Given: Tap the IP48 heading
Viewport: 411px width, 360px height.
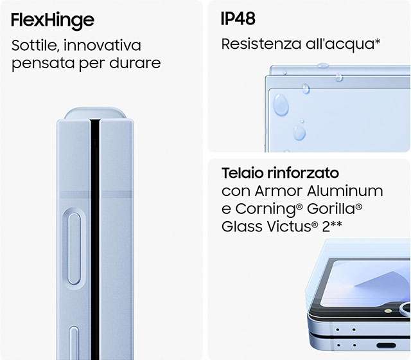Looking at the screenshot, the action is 238,19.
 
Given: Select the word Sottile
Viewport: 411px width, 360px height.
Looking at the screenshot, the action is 33,45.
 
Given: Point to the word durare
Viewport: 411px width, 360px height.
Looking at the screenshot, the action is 135,63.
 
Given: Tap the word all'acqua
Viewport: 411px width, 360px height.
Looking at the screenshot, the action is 343,44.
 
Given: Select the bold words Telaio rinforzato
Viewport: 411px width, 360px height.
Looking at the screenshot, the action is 280,173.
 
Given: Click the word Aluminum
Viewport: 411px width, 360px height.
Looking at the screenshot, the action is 345,191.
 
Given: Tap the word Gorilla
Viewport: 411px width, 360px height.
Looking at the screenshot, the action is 335,208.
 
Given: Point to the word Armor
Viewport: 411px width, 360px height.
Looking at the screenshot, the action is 279,191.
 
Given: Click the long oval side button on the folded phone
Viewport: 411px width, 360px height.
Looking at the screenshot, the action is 74,248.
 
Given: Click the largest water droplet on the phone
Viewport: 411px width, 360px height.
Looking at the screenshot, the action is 281,104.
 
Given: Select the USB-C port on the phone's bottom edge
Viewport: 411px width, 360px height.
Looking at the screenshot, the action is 386,345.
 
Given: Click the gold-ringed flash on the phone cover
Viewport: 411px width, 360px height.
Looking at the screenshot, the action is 388,311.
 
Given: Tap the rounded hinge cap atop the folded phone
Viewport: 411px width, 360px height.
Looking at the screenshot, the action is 95,113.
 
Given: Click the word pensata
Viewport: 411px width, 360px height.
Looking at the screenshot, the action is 43,64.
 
